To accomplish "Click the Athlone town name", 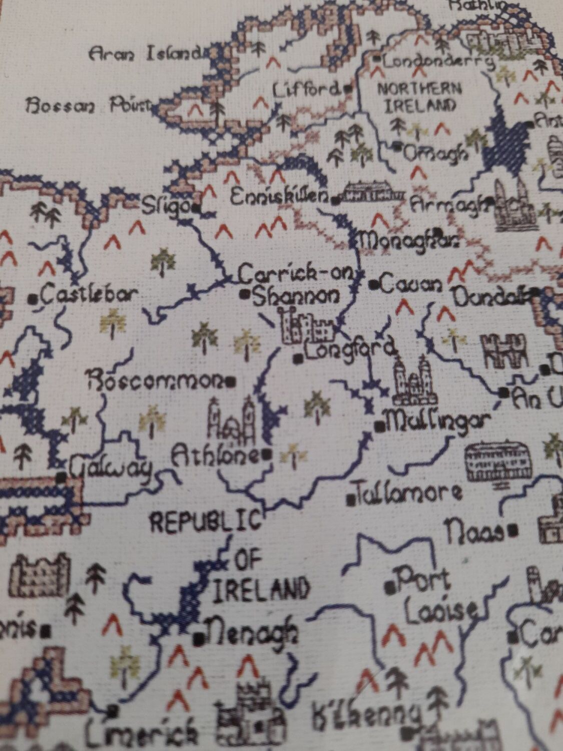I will click(x=215, y=456).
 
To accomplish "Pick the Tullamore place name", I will click(x=408, y=494).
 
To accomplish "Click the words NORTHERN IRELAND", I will click(x=418, y=97).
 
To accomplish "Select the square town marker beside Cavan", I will click(x=373, y=285).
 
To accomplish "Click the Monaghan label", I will click(x=409, y=242).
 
